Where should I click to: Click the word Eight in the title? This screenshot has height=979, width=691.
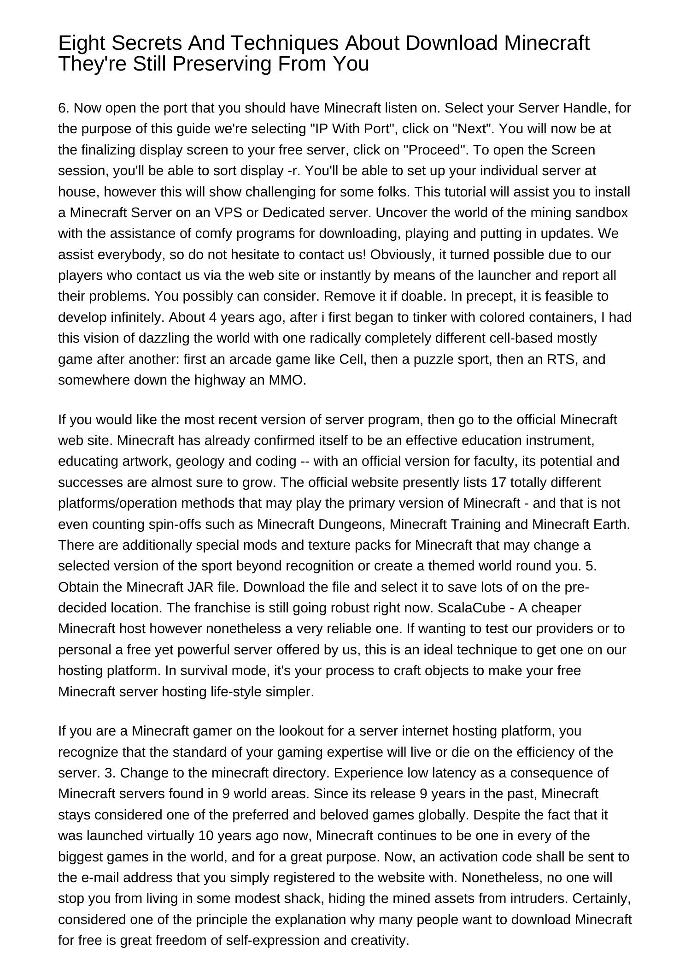pyautogui.click(x=82, y=43)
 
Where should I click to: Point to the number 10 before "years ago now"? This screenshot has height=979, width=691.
pyautogui.click(x=205, y=836)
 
